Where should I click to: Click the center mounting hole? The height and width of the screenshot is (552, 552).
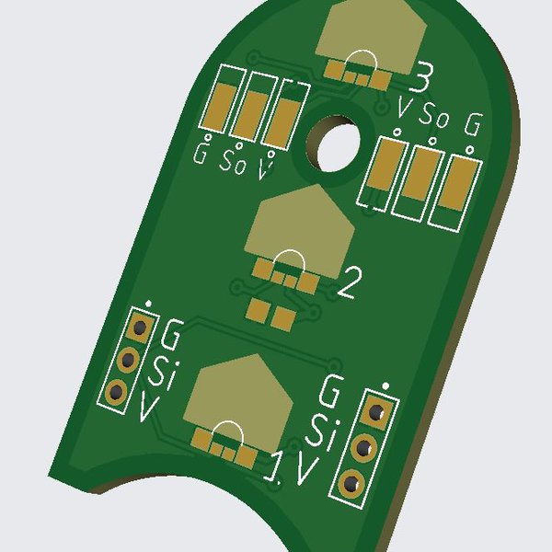pyautogui.click(x=334, y=144)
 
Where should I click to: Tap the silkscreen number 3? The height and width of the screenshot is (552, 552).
pyautogui.click(x=420, y=78)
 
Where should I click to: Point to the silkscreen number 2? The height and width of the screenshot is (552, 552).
pyautogui.click(x=350, y=282)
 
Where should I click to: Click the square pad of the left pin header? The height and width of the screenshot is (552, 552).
pyautogui.click(x=141, y=327)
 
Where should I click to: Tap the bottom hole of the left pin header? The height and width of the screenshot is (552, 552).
pyautogui.click(x=117, y=391)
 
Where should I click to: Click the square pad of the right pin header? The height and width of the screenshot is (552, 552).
pyautogui.click(x=377, y=412)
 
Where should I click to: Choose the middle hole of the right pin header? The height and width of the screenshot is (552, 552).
pyautogui.click(x=364, y=448)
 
